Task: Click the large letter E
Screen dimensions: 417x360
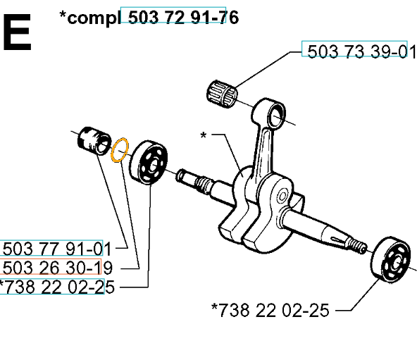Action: [17, 32]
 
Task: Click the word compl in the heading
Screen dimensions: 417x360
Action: [94, 18]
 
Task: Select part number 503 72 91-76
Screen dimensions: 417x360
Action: [183, 18]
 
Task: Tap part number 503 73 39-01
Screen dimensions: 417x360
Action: [361, 51]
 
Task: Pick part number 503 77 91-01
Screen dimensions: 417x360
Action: [56, 249]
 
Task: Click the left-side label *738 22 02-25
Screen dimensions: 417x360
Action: [56, 287]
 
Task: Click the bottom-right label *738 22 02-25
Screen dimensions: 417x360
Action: [270, 310]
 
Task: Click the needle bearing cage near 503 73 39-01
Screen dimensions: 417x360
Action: [222, 94]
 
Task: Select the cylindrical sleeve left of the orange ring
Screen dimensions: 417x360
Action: [94, 141]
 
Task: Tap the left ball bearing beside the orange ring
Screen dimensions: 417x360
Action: [149, 162]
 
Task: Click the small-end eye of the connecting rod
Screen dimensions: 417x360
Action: [277, 116]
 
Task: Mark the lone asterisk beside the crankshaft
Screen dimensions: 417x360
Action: [203, 135]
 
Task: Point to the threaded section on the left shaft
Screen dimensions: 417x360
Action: [204, 183]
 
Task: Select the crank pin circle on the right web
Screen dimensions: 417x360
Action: [282, 197]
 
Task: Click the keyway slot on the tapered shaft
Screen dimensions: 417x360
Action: [337, 240]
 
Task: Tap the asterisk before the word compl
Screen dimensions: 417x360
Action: [63, 15]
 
